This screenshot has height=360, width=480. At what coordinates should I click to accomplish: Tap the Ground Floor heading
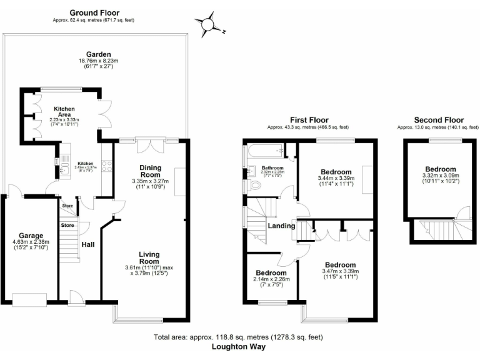coord(94,12)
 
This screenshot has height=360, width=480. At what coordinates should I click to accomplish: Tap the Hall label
coord(88,244)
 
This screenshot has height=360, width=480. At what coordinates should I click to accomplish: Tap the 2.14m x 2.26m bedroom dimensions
coord(271,281)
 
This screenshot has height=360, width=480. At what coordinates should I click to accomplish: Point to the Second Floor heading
coord(438,120)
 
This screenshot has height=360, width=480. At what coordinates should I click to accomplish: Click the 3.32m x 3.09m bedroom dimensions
coord(441,177)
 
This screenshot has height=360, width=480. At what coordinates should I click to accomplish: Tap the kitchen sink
coord(64,167)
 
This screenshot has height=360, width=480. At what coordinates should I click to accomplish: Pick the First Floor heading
coord(308,120)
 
